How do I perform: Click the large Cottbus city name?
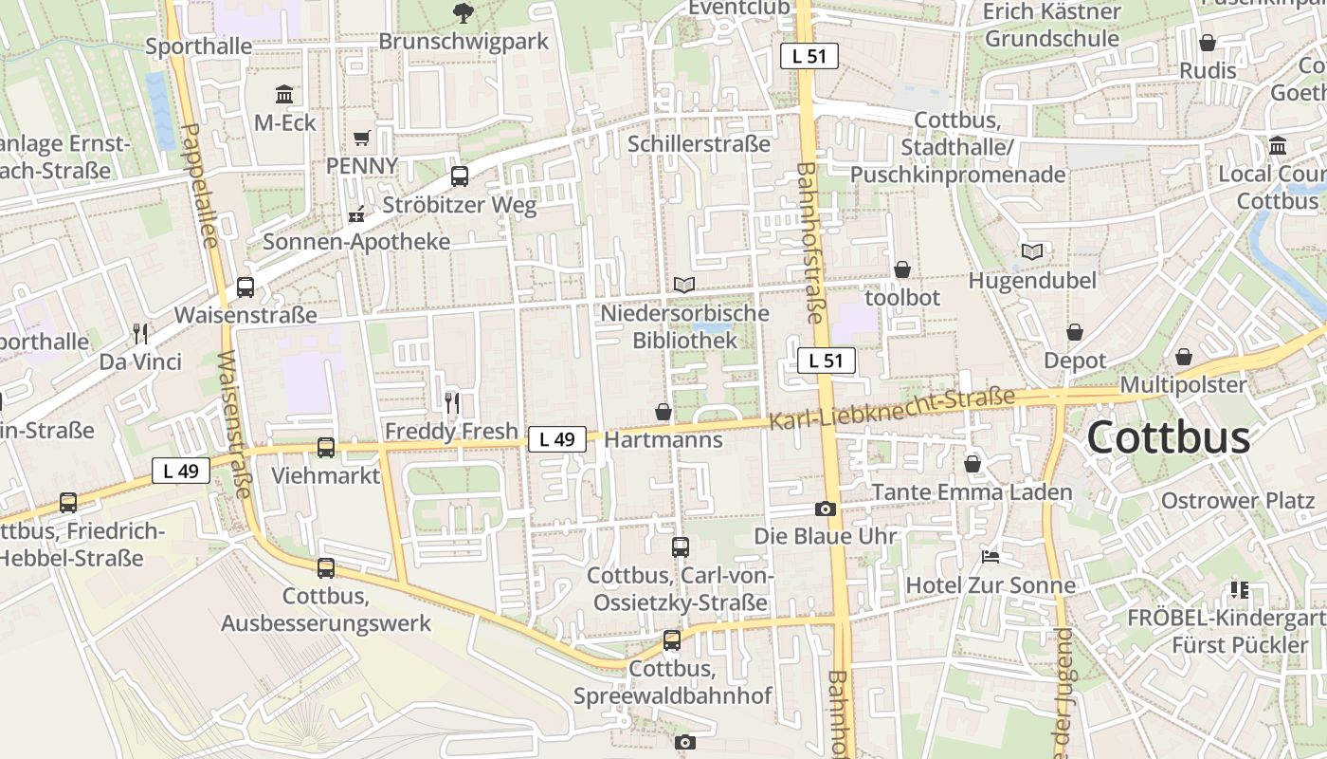[1168, 438]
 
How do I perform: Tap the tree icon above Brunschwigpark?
[464, 12]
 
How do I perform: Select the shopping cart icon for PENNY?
[361, 139]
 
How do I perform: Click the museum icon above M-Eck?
[284, 94]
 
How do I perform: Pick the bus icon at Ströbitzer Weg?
[460, 176]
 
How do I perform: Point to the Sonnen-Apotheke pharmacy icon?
[356, 214]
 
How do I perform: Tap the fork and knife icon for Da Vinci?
[140, 333]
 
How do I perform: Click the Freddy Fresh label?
[451, 431]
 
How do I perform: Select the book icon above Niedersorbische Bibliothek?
[683, 285]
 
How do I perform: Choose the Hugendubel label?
[1031, 281]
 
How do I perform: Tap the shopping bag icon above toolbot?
[902, 269]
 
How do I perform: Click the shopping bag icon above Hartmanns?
[663, 412]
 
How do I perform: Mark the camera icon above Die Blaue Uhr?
[825, 509]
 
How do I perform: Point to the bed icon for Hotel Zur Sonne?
[991, 557]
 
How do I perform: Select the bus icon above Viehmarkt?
[325, 447]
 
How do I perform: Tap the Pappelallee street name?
[198, 185]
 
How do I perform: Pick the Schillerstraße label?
[699, 144]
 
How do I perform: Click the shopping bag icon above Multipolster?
[1183, 357]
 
